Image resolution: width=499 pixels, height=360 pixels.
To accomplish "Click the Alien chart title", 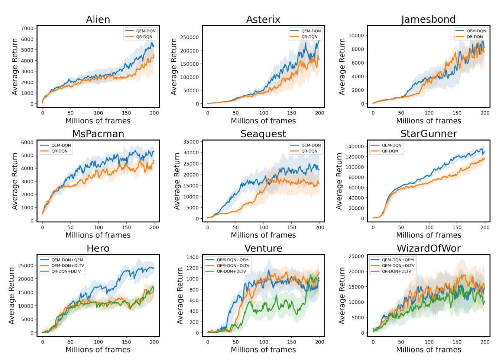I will click(98, 19).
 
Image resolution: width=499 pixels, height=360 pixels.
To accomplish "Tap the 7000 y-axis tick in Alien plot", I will click(27, 28).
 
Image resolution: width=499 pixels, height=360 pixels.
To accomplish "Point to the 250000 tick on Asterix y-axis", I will click(189, 37).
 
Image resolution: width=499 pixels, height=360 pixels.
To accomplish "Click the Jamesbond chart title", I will click(428, 19).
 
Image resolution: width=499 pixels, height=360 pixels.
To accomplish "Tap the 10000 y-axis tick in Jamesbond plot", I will click(356, 35).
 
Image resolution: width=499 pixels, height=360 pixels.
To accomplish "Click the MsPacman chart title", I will click(98, 134).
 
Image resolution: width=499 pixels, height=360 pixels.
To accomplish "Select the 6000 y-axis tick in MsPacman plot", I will click(27, 142).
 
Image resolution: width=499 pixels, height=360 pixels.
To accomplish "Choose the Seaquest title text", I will click(263, 134).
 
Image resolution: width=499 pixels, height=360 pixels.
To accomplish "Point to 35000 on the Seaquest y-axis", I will click(191, 142).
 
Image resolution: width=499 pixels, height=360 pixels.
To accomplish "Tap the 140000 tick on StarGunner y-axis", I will click(354, 147).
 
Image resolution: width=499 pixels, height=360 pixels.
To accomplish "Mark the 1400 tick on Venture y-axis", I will click(192, 257).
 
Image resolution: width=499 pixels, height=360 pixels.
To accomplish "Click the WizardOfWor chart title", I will click(428, 248).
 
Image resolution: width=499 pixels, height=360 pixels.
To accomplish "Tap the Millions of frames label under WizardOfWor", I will click(428, 350).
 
